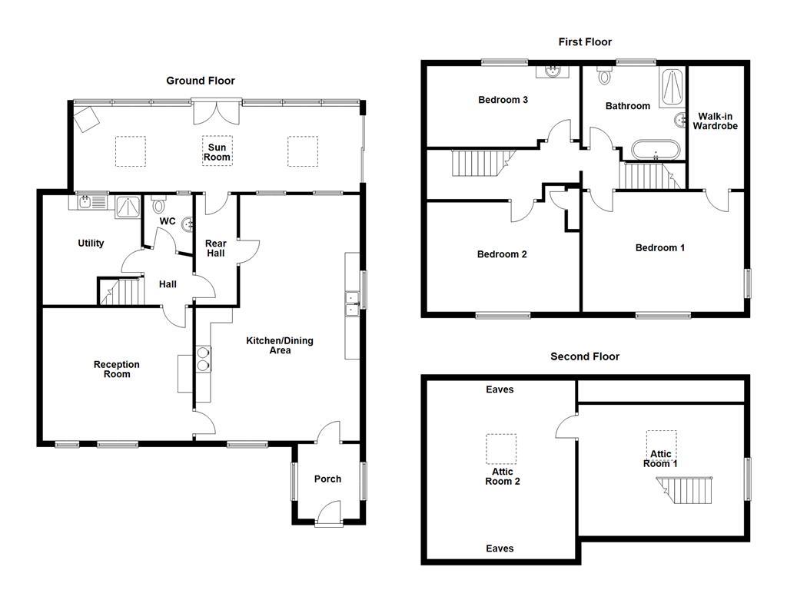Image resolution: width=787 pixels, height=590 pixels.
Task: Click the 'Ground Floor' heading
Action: click(x=201, y=81)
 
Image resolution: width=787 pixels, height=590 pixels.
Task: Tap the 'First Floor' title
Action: click(x=585, y=42)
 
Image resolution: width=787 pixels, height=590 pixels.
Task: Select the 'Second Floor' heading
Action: click(x=584, y=356)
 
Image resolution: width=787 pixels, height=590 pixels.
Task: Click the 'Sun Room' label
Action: click(x=217, y=152)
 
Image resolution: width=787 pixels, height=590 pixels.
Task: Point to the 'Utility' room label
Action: click(x=91, y=244)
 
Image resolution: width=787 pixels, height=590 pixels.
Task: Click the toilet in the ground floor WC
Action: click(x=159, y=205)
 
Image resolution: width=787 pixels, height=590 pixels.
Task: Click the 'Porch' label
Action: click(x=327, y=479)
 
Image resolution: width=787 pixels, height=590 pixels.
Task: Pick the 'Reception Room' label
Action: click(x=117, y=370)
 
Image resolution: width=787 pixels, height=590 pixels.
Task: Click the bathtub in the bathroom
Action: click(x=655, y=148)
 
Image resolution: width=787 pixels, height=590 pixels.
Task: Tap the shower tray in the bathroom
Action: click(x=673, y=88)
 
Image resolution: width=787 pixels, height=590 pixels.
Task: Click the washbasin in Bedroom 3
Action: click(x=550, y=72)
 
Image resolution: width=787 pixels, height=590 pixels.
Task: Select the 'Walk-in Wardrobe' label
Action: click(x=715, y=121)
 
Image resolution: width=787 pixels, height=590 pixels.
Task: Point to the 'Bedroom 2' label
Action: click(x=501, y=254)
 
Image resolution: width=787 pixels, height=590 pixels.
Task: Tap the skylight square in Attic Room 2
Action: click(x=501, y=449)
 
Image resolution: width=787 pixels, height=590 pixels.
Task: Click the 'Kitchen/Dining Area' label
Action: click(x=279, y=346)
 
